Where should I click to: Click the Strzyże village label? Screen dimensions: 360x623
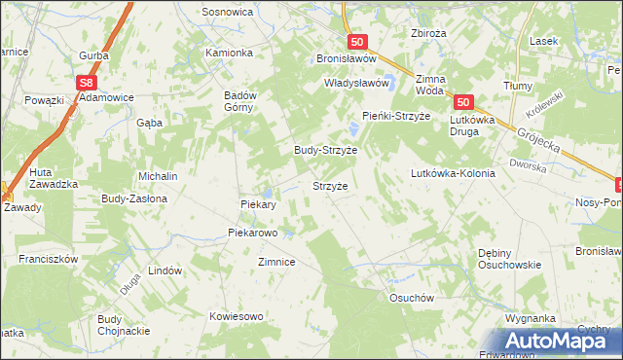pos(329,184)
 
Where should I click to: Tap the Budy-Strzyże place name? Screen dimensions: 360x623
pos(326,151)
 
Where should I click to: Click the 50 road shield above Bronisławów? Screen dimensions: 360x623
pos(357,42)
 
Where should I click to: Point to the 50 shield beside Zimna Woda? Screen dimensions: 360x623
pos(462,102)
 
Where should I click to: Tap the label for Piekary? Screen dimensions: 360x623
pos(259,205)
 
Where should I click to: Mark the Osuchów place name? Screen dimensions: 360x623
pos(410,299)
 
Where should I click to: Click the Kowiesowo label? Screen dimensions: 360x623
pos(237,316)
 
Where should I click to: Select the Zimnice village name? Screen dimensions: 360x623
pos(276,263)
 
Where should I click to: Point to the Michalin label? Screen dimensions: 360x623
pos(158,176)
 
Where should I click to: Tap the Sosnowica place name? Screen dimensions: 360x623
pos(227,12)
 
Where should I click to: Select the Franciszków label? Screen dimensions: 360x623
pos(47,260)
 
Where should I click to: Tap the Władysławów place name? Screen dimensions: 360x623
pos(356,84)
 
